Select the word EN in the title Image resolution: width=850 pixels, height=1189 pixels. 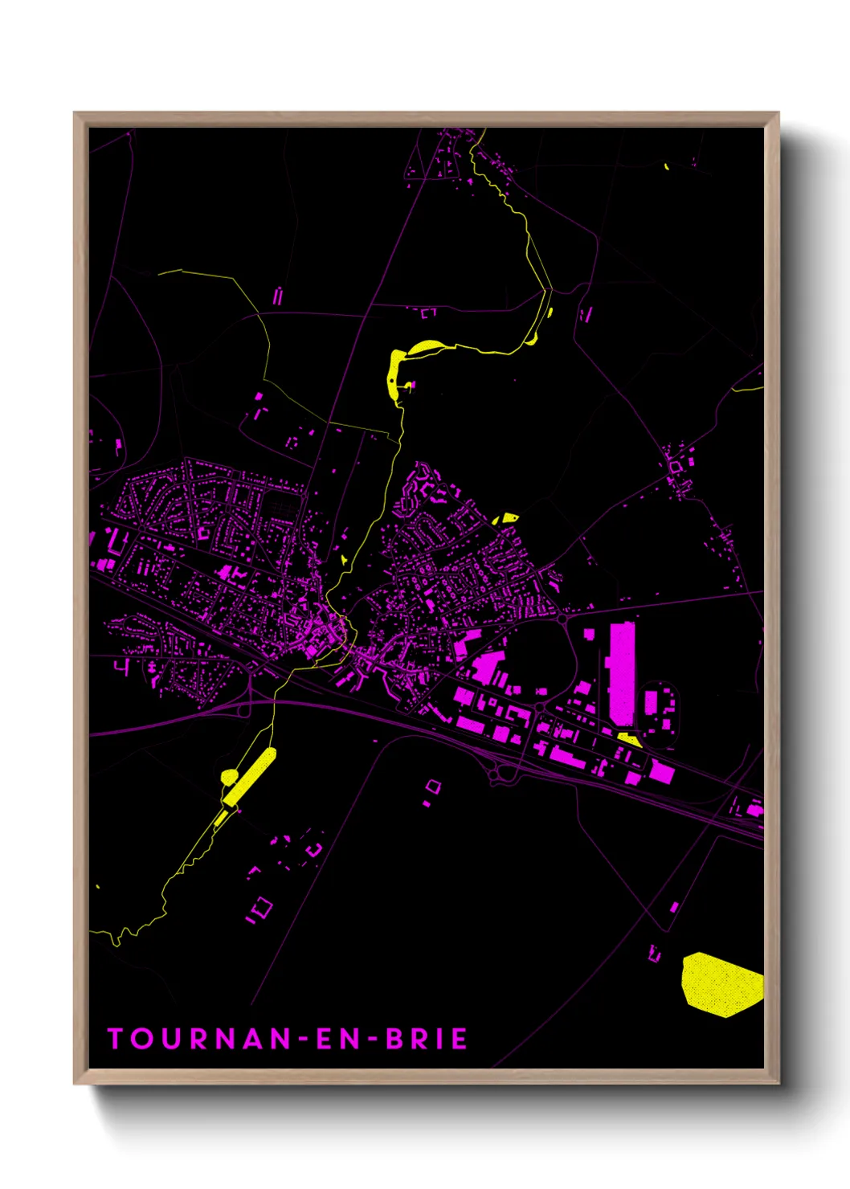(x=336, y=1039)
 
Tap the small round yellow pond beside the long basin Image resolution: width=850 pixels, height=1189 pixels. (x=229, y=777)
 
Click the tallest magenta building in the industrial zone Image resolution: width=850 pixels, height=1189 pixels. (x=622, y=673)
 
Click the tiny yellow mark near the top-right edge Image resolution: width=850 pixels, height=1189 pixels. (x=667, y=167)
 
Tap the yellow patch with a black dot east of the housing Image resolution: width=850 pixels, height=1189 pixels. (x=506, y=519)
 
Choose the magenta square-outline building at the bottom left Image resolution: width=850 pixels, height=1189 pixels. (x=261, y=909)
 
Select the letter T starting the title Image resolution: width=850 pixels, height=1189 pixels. (x=115, y=1039)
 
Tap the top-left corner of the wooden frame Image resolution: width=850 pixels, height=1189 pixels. (x=75, y=113)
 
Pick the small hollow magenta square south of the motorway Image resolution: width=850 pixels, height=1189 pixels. (x=433, y=786)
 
